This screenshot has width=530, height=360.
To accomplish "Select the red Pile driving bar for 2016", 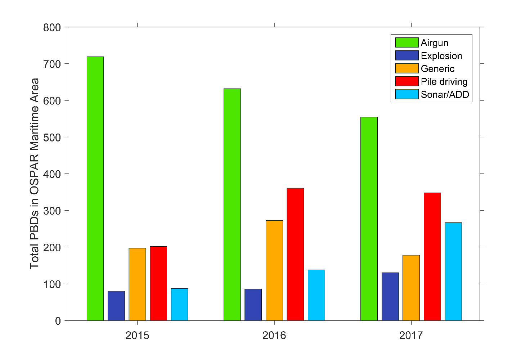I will [x=295, y=254].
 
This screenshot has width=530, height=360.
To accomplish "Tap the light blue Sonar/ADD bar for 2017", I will [x=453, y=271].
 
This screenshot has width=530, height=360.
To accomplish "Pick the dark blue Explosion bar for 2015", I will [x=116, y=306].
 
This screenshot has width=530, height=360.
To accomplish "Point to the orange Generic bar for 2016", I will [x=274, y=270].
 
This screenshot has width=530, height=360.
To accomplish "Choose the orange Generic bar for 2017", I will [x=411, y=288].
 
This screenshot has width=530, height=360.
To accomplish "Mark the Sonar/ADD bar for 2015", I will [x=180, y=304].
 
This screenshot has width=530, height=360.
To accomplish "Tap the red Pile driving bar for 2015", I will [x=158, y=283].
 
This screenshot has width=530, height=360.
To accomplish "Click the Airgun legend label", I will [x=435, y=43].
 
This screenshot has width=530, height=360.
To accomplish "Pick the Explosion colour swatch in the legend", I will [x=407, y=55].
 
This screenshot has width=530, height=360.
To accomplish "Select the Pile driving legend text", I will [x=444, y=82].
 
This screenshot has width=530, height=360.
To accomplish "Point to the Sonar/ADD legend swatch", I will [x=407, y=94].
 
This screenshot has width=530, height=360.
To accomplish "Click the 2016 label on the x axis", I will [x=274, y=336].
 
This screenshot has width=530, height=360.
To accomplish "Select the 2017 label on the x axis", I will [x=411, y=336].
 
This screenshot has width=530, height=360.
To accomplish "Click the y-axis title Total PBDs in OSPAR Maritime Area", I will [x=35, y=174].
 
